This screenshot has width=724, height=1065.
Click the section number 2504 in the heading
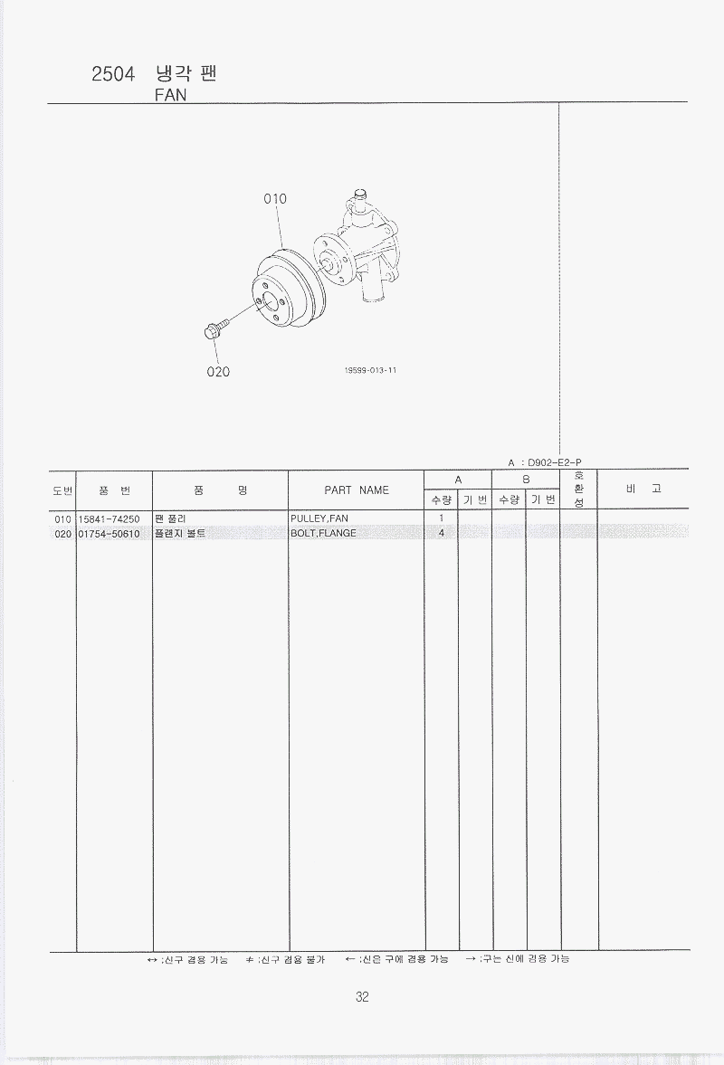click(x=113, y=74)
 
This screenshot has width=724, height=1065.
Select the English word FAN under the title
click(x=170, y=95)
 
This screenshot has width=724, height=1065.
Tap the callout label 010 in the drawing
click(x=275, y=199)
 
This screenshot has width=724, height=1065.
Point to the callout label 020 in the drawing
click(x=218, y=372)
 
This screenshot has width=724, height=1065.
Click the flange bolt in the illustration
click(x=215, y=329)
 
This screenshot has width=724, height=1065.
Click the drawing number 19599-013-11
click(x=370, y=370)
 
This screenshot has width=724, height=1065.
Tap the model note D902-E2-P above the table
click(x=554, y=462)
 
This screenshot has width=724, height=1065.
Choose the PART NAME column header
click(x=357, y=490)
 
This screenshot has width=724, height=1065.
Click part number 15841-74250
click(x=109, y=518)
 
